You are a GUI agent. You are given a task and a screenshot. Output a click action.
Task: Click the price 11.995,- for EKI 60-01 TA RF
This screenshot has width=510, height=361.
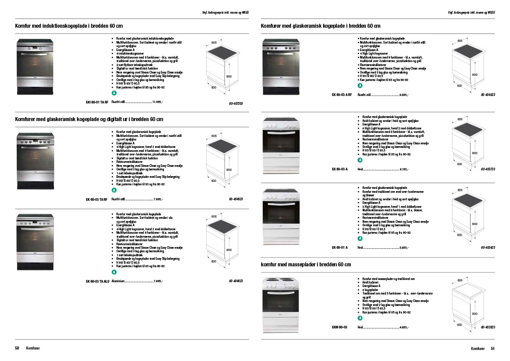click(157, 102)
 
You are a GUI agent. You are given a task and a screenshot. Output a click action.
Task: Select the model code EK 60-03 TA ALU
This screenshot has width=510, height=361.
click(98, 281)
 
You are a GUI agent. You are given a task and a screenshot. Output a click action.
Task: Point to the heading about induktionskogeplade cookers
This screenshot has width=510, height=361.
click(69, 26)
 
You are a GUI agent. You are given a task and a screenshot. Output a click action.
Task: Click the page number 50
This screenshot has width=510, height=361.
click(17, 348)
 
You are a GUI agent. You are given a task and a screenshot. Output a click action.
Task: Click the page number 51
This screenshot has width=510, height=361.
click(493, 348)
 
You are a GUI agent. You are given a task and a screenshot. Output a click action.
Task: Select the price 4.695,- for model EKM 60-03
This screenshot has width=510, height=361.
click(404, 328)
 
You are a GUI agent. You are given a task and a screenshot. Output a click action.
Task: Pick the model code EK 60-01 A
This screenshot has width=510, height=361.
click(340, 248)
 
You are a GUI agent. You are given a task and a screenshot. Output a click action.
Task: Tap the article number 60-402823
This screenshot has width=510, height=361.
click(488, 328)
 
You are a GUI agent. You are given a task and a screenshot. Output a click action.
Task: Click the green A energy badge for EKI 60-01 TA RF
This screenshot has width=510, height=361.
click(114, 94)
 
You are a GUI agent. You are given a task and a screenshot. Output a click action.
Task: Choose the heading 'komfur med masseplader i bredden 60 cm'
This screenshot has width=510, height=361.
click(306, 265)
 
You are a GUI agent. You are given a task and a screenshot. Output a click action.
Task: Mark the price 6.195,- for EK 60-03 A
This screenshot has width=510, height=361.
click(404, 169)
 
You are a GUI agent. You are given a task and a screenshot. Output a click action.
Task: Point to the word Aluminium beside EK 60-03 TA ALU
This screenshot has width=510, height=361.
click(118, 281)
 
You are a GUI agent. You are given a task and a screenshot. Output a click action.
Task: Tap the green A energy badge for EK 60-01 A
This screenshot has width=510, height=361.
click(360, 238)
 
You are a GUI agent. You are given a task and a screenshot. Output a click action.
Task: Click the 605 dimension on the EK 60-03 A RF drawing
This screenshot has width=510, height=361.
click(460, 41)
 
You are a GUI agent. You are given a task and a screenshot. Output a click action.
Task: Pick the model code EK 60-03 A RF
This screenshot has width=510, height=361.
click(342, 95)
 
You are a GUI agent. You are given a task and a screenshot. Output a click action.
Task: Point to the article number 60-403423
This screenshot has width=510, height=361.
click(488, 248)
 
